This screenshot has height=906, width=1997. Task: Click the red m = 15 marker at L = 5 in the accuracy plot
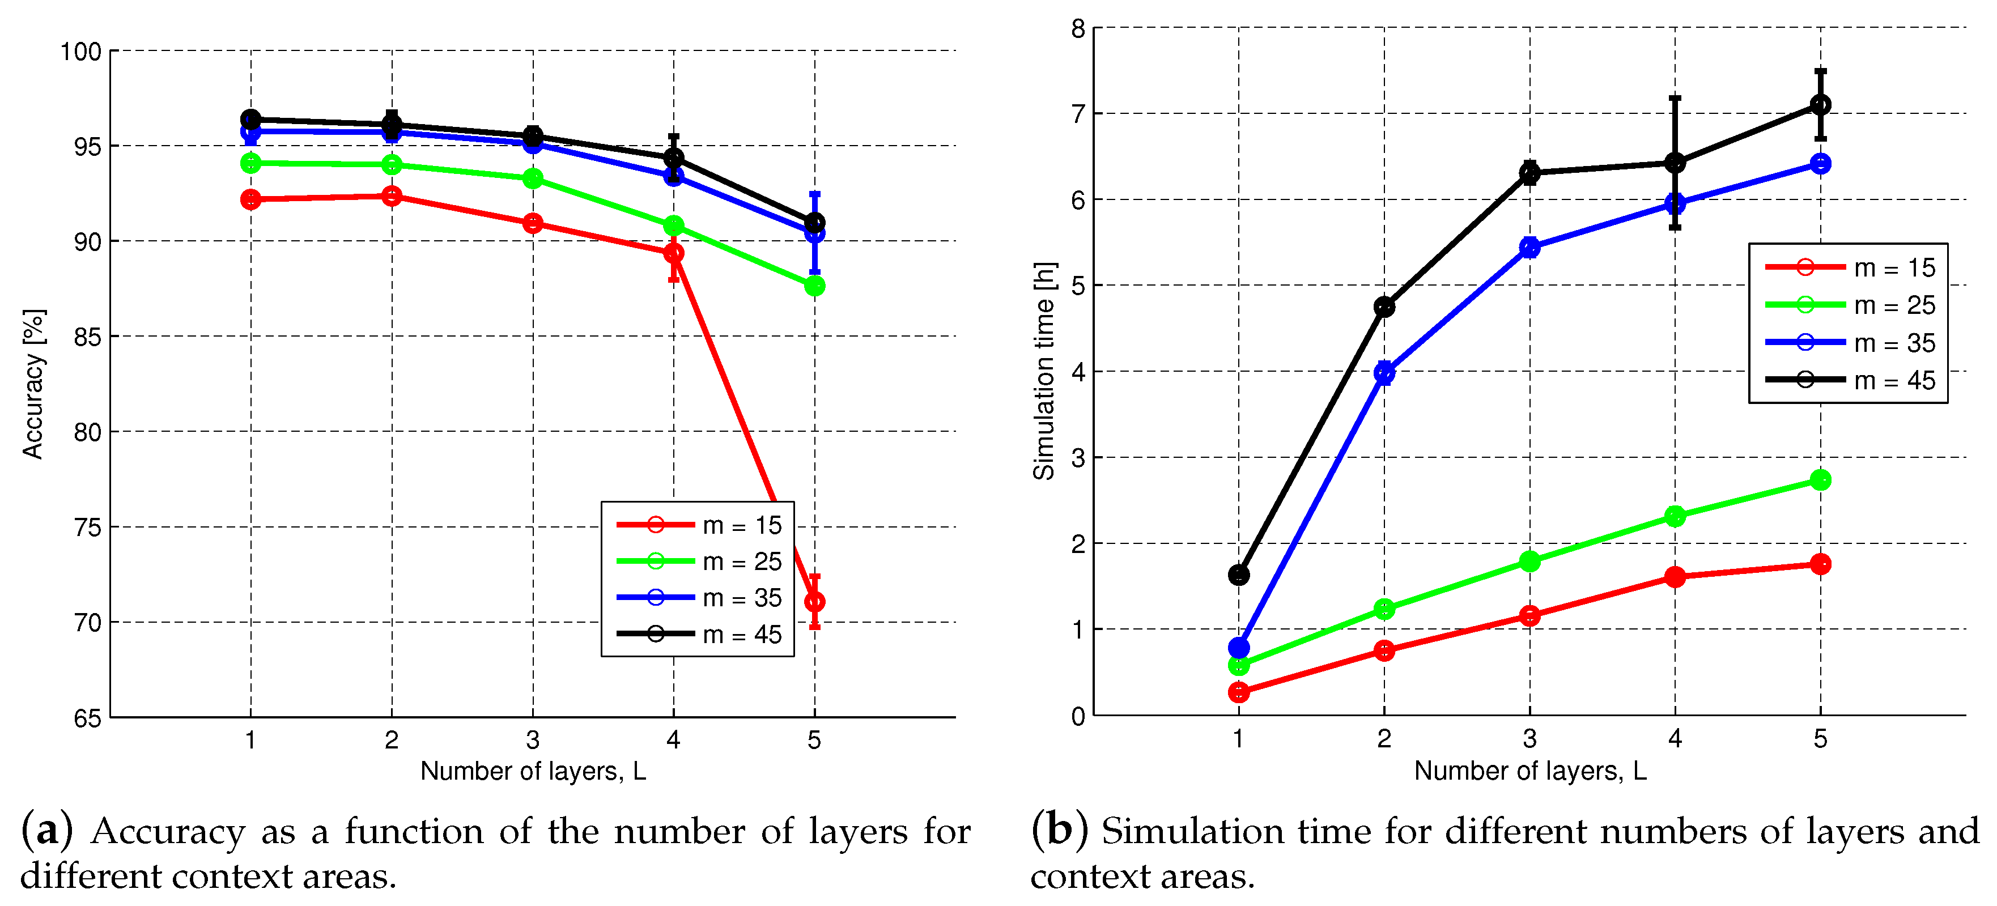[x=814, y=601]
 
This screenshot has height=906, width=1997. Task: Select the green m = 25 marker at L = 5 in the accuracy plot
[x=814, y=286]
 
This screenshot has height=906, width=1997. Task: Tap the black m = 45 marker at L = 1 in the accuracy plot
[x=250, y=120]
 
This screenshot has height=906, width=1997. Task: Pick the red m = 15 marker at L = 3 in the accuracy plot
[x=533, y=223]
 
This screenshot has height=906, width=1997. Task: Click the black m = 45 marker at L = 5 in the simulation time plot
[x=1820, y=105]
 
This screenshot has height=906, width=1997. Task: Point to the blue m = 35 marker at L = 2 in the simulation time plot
[x=1384, y=373]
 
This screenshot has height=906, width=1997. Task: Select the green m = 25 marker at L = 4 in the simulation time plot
[x=1675, y=516]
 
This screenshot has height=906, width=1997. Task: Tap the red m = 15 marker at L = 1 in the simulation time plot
[x=1239, y=692]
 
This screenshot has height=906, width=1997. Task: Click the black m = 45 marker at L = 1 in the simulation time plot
[x=1239, y=575]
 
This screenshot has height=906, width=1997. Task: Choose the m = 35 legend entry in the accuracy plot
[x=699, y=598]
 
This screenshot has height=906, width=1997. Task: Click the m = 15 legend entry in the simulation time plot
[x=1850, y=267]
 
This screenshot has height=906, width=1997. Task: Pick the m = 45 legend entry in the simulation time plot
[x=1850, y=380]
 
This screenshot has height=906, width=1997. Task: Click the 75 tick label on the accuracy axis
[x=88, y=527]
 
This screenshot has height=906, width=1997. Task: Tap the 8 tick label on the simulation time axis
[x=1078, y=29]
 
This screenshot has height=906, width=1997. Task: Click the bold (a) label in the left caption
[x=47, y=831]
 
